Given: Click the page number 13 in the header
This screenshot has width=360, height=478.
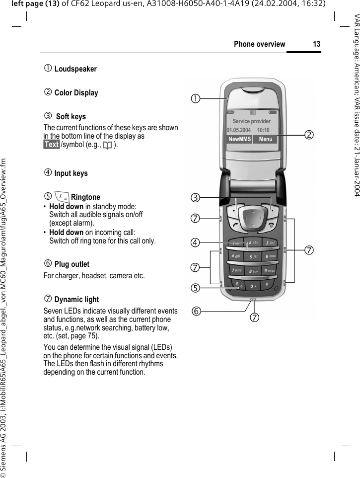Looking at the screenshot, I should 316,44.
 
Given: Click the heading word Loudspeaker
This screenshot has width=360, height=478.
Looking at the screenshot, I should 75,69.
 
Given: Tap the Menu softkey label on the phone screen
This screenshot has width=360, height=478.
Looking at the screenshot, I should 265,139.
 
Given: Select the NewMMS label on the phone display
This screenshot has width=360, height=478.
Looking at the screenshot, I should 239,139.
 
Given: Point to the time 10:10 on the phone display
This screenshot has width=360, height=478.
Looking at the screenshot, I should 263,130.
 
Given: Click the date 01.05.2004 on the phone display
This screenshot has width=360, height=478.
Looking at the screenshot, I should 239,130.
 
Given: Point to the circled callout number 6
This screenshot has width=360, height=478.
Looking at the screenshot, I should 198,311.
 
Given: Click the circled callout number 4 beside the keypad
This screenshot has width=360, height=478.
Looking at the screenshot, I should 197,242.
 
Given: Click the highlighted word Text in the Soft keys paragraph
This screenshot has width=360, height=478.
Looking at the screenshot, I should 51,145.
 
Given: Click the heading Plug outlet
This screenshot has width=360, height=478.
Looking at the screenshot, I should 72,264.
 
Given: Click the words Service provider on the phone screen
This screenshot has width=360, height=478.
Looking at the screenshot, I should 251,121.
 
